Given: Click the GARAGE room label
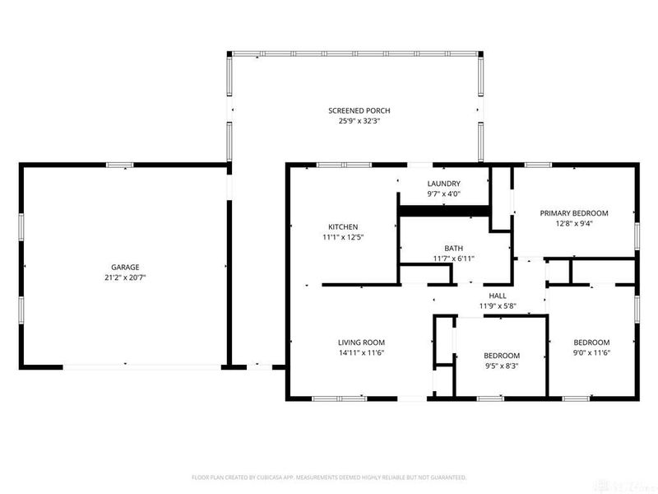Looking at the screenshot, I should [x=125, y=267].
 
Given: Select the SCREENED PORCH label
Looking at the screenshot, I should [x=359, y=110].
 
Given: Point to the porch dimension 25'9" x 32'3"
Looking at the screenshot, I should [x=359, y=121].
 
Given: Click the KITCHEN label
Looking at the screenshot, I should [x=343, y=226].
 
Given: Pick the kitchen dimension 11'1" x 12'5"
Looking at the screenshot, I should [x=343, y=237].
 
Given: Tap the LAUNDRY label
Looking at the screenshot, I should [x=443, y=184].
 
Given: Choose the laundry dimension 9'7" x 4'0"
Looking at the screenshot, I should [x=443, y=194].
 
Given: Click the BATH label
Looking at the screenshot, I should [x=454, y=248].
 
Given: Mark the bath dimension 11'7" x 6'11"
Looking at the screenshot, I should [x=454, y=259].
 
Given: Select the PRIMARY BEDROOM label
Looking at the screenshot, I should [x=573, y=213].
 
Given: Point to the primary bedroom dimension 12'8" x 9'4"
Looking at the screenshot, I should [x=573, y=223].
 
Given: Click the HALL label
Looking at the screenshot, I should [x=498, y=296].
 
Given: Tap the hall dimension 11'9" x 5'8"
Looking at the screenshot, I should [x=498, y=306].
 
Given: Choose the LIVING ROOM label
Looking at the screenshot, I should [x=361, y=343].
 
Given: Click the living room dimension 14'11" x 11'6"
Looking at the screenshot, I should [x=361, y=353].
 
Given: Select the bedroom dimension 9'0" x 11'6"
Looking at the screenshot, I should [x=591, y=353].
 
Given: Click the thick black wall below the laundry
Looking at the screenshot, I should [x=444, y=212].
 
